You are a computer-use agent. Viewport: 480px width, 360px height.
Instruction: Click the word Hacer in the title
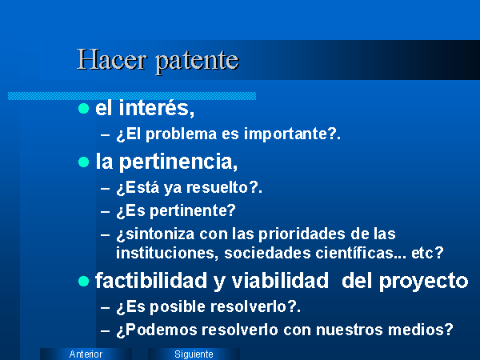click(112, 59)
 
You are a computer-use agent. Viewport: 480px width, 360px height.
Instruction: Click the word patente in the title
click(197, 62)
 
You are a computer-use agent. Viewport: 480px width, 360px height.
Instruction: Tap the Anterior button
click(86, 354)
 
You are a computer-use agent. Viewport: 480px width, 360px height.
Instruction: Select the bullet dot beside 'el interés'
click(83, 108)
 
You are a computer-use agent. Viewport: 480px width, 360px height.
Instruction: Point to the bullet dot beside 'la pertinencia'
click(83, 162)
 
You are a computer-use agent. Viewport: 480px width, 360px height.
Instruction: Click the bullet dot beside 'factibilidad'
click(83, 281)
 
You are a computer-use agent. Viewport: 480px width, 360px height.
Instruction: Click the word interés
click(157, 108)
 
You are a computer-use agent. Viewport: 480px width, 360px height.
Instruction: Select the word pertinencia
click(178, 162)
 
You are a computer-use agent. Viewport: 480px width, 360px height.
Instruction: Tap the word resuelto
click(218, 187)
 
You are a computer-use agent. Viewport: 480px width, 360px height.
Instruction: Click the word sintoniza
click(160, 234)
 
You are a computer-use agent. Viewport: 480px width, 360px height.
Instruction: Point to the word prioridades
click(302, 234)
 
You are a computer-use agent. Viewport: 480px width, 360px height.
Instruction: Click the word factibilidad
click(151, 281)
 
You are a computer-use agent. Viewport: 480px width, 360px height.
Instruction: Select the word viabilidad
click(280, 281)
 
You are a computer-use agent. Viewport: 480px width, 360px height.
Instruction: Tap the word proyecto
click(424, 282)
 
